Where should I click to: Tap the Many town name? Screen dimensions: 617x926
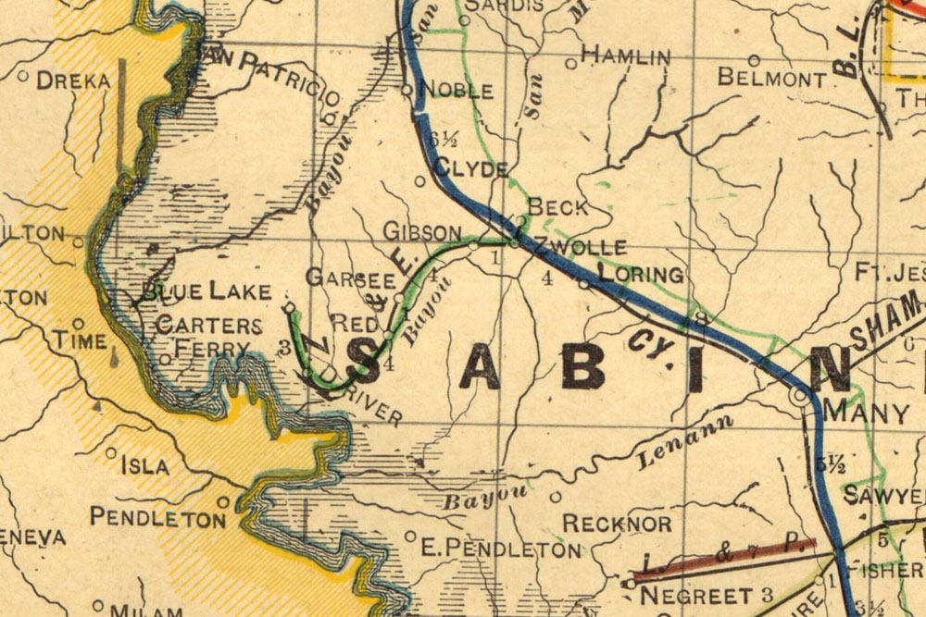coord(866,413)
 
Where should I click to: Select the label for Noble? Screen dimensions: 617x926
coord(457,91)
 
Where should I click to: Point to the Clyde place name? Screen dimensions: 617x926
coord(470,169)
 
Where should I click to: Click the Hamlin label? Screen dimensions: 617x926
coord(625,56)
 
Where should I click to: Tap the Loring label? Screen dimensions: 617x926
coord(641,275)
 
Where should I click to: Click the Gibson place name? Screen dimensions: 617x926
coord(422,231)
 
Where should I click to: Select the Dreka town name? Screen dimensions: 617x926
coord(73,81)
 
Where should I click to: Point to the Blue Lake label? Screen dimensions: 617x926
coord(206,293)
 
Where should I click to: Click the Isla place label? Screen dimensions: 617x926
coord(145,466)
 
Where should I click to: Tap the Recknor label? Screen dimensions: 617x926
coord(617,524)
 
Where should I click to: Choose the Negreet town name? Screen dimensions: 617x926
coord(695,594)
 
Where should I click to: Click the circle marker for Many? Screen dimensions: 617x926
coord(798,396)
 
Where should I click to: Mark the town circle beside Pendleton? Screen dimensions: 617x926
coord(223,502)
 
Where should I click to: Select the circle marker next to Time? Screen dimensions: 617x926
coord(79,324)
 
